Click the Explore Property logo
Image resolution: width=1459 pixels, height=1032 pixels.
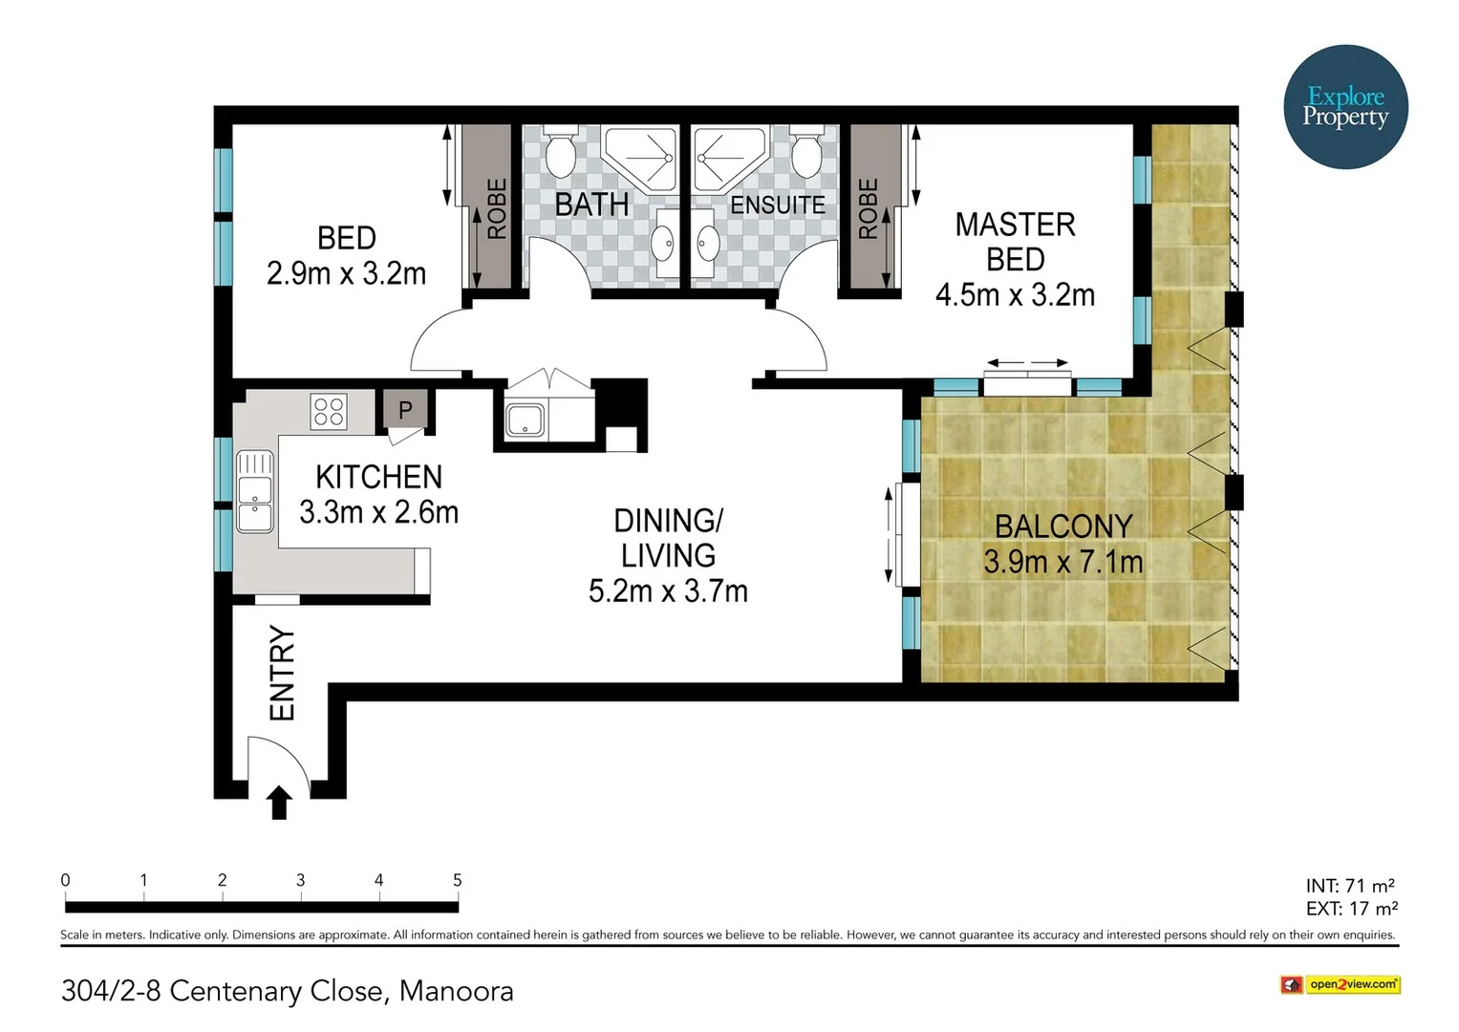(x=1345, y=107)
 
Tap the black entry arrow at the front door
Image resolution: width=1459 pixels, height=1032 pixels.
(x=278, y=803)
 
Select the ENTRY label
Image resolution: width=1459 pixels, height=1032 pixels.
(x=282, y=673)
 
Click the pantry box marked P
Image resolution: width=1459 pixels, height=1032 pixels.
(x=405, y=410)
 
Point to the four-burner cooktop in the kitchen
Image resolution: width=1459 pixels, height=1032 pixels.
(x=329, y=412)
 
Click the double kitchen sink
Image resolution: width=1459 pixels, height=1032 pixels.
(x=255, y=491)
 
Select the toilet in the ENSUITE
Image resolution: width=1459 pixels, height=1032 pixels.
(x=807, y=155)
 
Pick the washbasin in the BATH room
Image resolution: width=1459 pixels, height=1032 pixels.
(x=663, y=243)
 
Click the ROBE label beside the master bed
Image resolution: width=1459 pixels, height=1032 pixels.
(x=868, y=208)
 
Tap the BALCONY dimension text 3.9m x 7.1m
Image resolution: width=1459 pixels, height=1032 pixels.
(x=1062, y=562)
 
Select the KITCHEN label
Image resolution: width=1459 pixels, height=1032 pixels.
(x=378, y=477)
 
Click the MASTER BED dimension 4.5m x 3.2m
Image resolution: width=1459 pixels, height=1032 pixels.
(x=1015, y=295)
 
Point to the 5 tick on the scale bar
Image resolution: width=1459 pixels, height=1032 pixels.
(x=458, y=881)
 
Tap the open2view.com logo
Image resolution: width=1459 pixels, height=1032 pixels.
(x=1340, y=984)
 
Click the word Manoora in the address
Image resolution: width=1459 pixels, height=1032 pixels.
(x=456, y=991)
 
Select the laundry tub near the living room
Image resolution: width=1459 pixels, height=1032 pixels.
(x=525, y=419)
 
